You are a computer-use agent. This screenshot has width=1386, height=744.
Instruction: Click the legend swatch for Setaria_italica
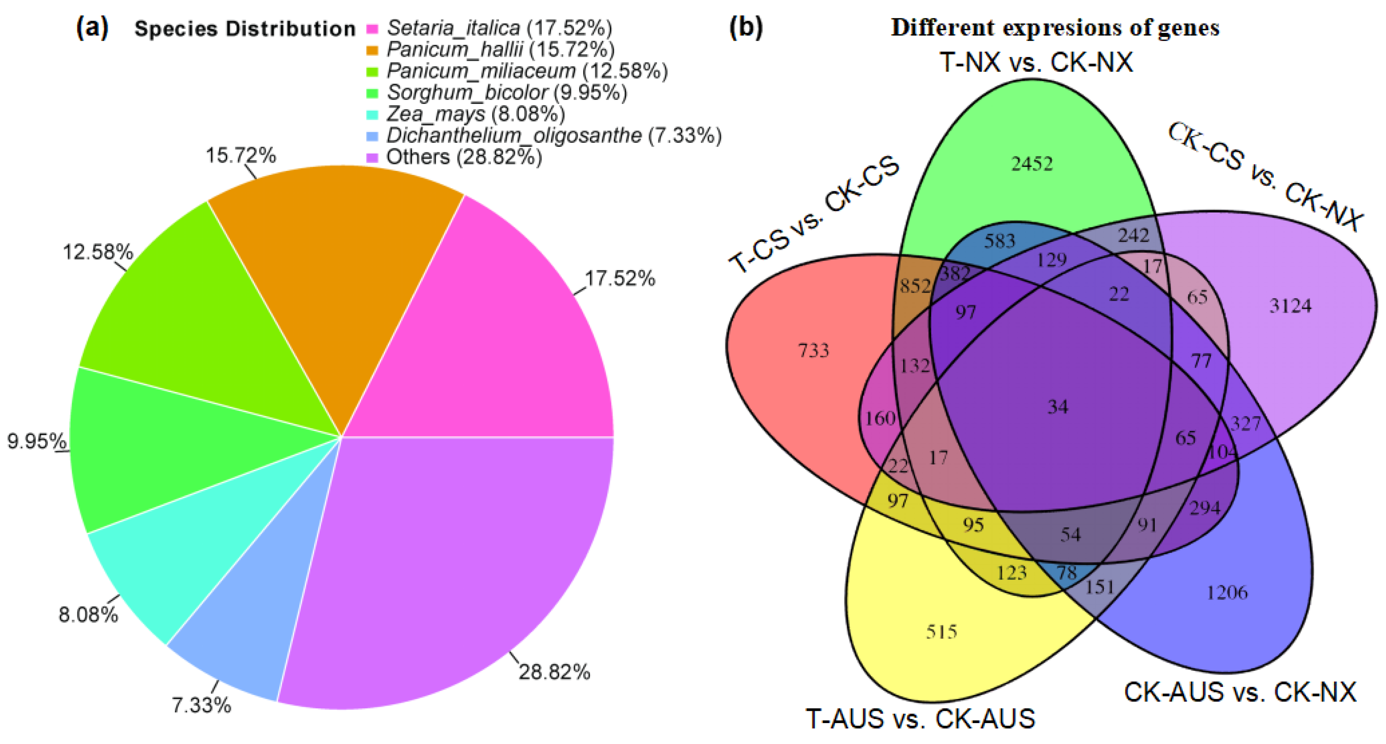(372, 28)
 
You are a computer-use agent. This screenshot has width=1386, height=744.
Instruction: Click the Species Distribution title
(245, 28)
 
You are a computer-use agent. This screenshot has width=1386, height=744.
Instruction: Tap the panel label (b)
(746, 27)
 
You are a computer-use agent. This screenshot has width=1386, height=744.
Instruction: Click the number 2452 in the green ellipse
(1032, 163)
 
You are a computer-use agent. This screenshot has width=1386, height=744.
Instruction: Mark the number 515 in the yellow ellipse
(942, 631)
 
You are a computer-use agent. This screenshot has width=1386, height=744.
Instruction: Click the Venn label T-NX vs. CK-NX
(1036, 62)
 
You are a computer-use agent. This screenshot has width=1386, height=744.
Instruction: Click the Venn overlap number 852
(915, 286)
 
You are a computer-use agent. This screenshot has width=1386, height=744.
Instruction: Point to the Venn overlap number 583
(1000, 241)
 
